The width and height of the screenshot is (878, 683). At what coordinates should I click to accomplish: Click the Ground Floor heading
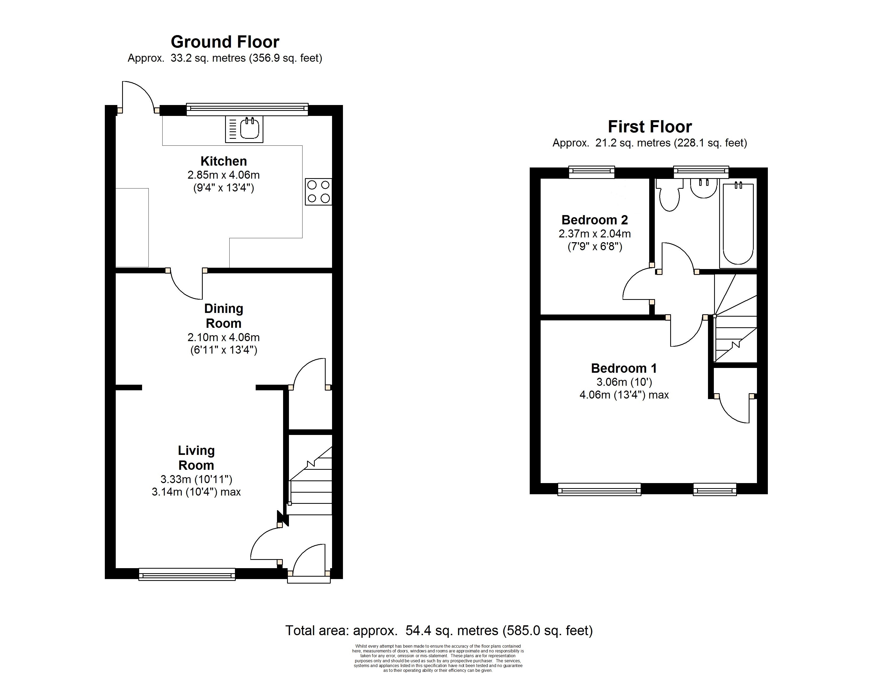tap(225, 42)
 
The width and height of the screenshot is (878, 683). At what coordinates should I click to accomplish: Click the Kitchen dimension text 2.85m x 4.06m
tap(223, 175)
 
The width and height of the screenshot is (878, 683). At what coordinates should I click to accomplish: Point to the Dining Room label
tap(223, 316)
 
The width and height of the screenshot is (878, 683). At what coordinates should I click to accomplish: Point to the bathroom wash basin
tap(703, 188)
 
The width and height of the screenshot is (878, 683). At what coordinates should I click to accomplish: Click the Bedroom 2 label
tap(595, 220)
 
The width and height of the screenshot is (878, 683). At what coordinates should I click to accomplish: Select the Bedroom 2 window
tap(592, 172)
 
